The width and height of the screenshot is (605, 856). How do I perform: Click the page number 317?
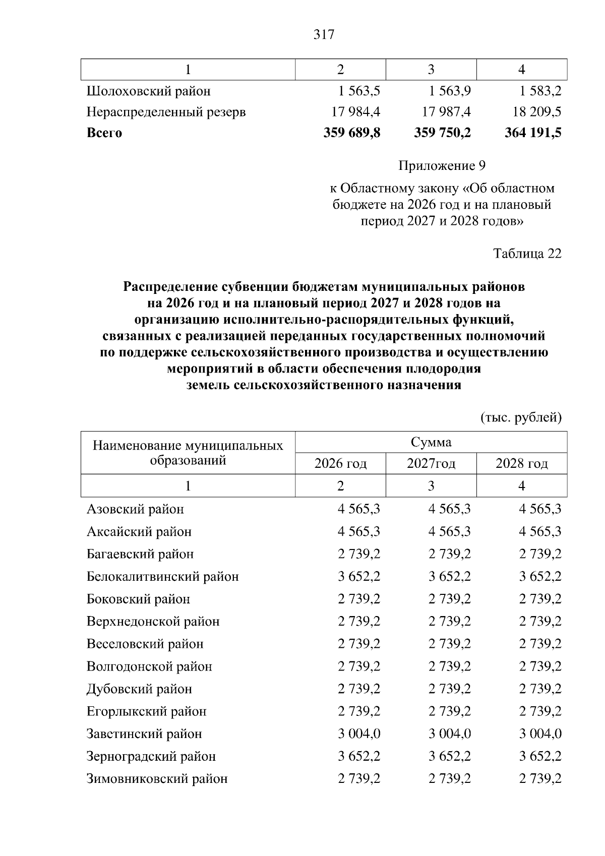click(324, 35)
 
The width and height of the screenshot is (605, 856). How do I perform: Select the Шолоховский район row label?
click(149, 91)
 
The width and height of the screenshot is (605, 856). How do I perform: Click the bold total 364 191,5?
click(533, 133)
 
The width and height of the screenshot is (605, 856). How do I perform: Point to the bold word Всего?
click(104, 133)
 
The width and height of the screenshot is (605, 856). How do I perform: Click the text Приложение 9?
click(442, 166)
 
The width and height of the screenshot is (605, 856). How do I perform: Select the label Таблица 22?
click(527, 253)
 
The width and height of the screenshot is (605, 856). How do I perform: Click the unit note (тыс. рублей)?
click(520, 418)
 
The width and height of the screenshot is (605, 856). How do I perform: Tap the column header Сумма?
click(431, 443)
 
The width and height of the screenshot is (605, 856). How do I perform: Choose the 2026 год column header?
click(340, 464)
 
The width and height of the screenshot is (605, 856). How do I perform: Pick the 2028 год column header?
click(521, 464)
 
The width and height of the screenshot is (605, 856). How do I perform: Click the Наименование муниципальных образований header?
click(188, 453)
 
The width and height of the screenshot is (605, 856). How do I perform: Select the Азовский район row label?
click(135, 509)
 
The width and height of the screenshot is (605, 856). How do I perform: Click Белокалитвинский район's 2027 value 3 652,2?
click(450, 577)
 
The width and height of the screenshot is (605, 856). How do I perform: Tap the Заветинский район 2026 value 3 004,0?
click(359, 734)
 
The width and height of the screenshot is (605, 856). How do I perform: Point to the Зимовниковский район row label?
click(157, 779)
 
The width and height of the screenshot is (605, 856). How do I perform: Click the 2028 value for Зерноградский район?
click(540, 757)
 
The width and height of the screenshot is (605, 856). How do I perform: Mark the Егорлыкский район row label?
click(147, 712)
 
